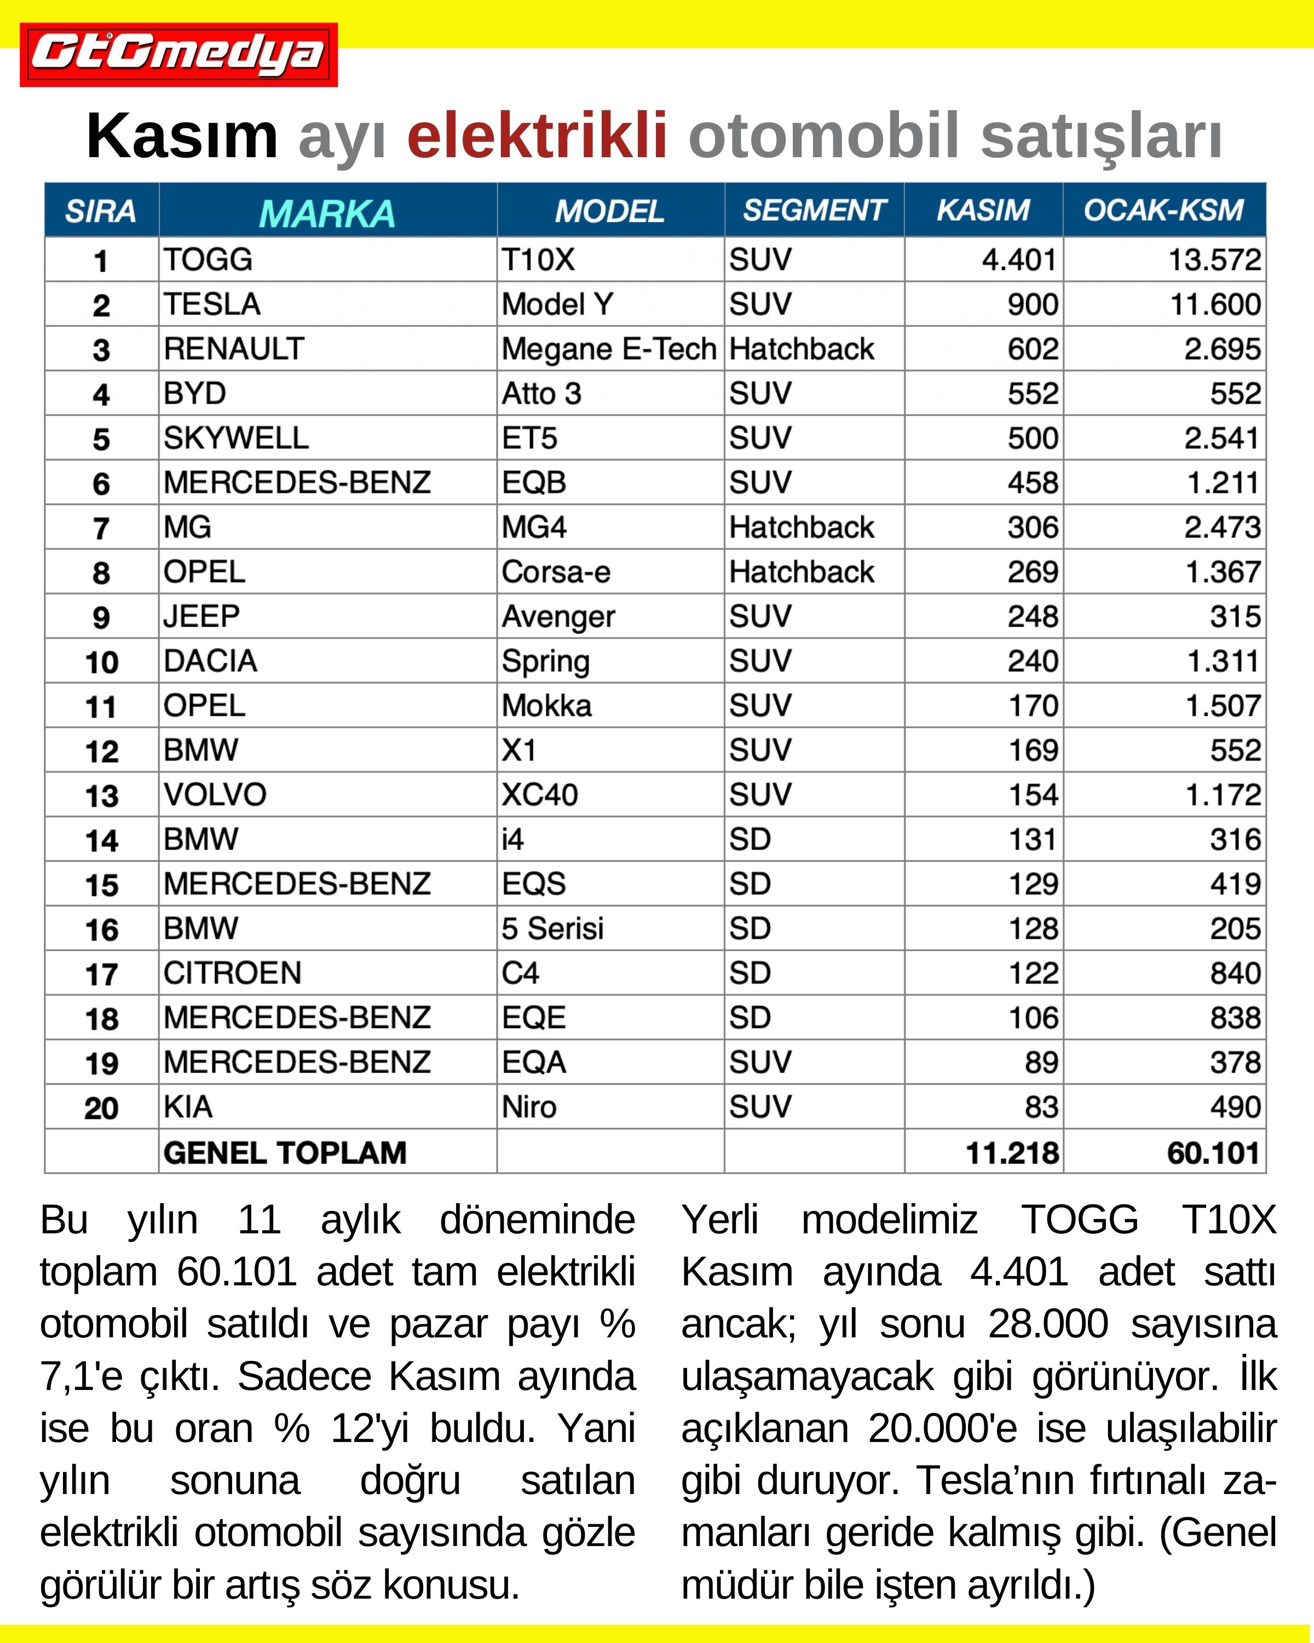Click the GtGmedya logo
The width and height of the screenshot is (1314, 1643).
(x=178, y=55)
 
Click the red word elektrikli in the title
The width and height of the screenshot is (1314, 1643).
(x=537, y=136)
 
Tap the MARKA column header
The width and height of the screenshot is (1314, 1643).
(x=327, y=212)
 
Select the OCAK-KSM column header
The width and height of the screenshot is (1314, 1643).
(x=1163, y=210)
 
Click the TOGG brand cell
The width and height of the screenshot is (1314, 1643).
(x=208, y=260)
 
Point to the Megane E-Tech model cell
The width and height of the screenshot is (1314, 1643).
(x=609, y=349)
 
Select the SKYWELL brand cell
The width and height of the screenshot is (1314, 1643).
(x=236, y=438)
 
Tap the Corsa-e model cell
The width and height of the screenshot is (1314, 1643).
(x=556, y=572)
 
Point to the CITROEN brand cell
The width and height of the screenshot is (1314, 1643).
(x=232, y=973)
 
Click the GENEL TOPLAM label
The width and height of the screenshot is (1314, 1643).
(x=285, y=1152)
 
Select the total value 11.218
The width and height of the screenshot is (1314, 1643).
(x=1012, y=1153)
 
